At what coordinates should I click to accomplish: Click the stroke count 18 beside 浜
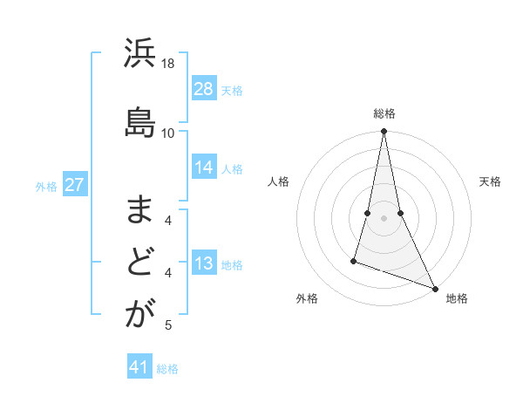[x=168, y=65]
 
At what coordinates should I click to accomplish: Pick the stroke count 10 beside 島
[x=168, y=133]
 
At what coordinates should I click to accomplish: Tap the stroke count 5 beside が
[x=168, y=325]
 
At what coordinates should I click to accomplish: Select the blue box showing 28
[x=204, y=88]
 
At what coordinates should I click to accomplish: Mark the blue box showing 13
[x=204, y=263]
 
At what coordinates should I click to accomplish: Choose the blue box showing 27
[x=74, y=185]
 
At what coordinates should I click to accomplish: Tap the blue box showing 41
[x=139, y=367]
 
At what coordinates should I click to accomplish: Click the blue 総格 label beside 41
[x=167, y=369]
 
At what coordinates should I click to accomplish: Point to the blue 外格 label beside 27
[x=46, y=187]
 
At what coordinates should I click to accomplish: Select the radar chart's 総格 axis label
[x=384, y=113]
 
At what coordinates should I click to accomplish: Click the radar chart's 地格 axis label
[x=457, y=298]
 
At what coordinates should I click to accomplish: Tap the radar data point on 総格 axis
[x=384, y=132]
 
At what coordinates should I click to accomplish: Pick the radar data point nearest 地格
[x=434, y=289]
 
